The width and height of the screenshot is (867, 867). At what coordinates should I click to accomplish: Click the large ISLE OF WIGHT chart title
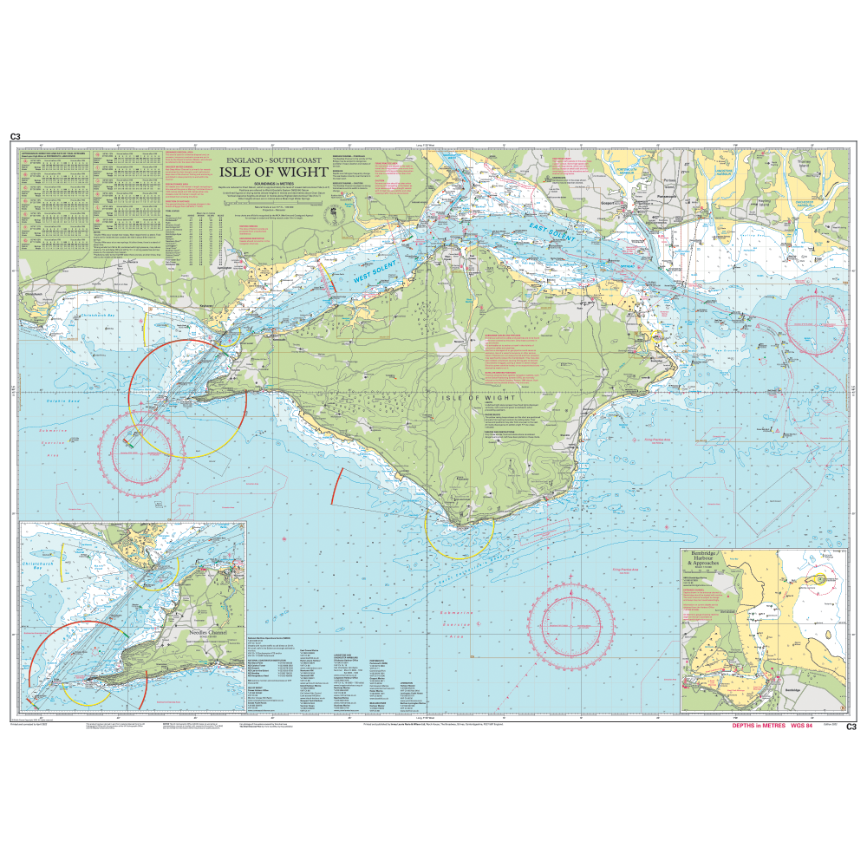273,173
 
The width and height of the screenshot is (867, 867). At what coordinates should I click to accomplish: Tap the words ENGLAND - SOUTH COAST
273,160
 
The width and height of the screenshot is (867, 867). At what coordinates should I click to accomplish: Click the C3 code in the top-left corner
15,137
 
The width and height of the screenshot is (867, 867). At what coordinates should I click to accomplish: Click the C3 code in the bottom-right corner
851,727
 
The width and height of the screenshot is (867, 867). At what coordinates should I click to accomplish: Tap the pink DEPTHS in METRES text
750,727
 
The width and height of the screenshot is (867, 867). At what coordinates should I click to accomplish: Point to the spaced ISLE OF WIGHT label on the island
473,397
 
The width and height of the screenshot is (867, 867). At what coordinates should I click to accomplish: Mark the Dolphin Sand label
39,401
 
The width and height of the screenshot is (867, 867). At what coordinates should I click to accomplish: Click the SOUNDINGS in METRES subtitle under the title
273,186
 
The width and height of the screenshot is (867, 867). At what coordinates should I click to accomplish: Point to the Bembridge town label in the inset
794,690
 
